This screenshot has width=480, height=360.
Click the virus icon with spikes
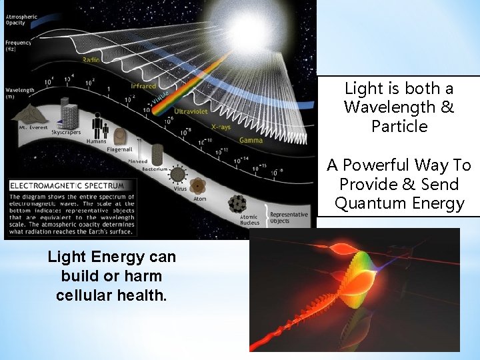[178, 175]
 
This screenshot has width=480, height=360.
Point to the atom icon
[198, 186]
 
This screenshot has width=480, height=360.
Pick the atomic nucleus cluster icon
[237, 204]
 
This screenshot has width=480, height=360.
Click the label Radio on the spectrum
[91, 60]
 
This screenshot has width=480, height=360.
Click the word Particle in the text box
[399, 126]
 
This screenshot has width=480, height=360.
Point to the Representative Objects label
[289, 217]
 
